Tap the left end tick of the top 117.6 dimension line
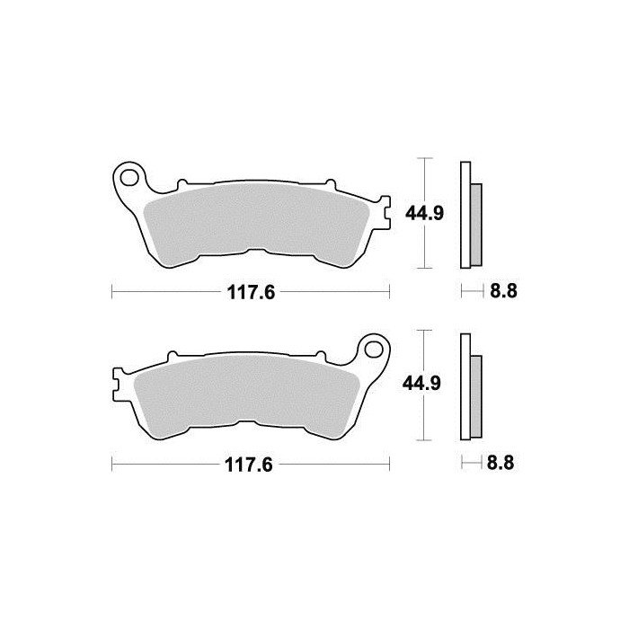(x=111, y=291)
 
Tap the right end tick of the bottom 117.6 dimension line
(x=389, y=465)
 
